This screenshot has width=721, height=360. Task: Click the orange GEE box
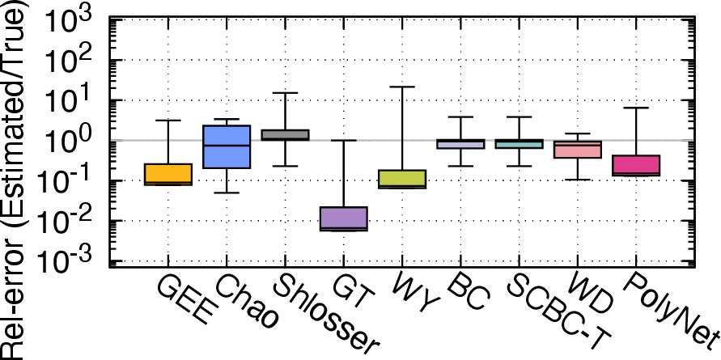point(168,174)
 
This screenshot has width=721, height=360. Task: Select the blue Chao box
point(227,146)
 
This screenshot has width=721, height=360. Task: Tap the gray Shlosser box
point(285,135)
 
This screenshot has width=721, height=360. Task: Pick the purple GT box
point(343,219)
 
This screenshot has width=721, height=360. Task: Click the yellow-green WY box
point(402,179)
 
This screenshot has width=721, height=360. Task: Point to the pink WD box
point(578,150)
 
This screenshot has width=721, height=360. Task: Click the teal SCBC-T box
point(520,144)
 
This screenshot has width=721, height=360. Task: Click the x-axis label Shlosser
point(325,316)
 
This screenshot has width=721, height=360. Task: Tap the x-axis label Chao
point(245,303)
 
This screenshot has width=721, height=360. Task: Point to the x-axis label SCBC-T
point(558,314)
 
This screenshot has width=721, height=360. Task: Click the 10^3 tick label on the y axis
point(74,22)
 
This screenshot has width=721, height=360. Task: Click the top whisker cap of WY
point(402,87)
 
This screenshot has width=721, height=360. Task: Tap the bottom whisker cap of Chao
point(227,193)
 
